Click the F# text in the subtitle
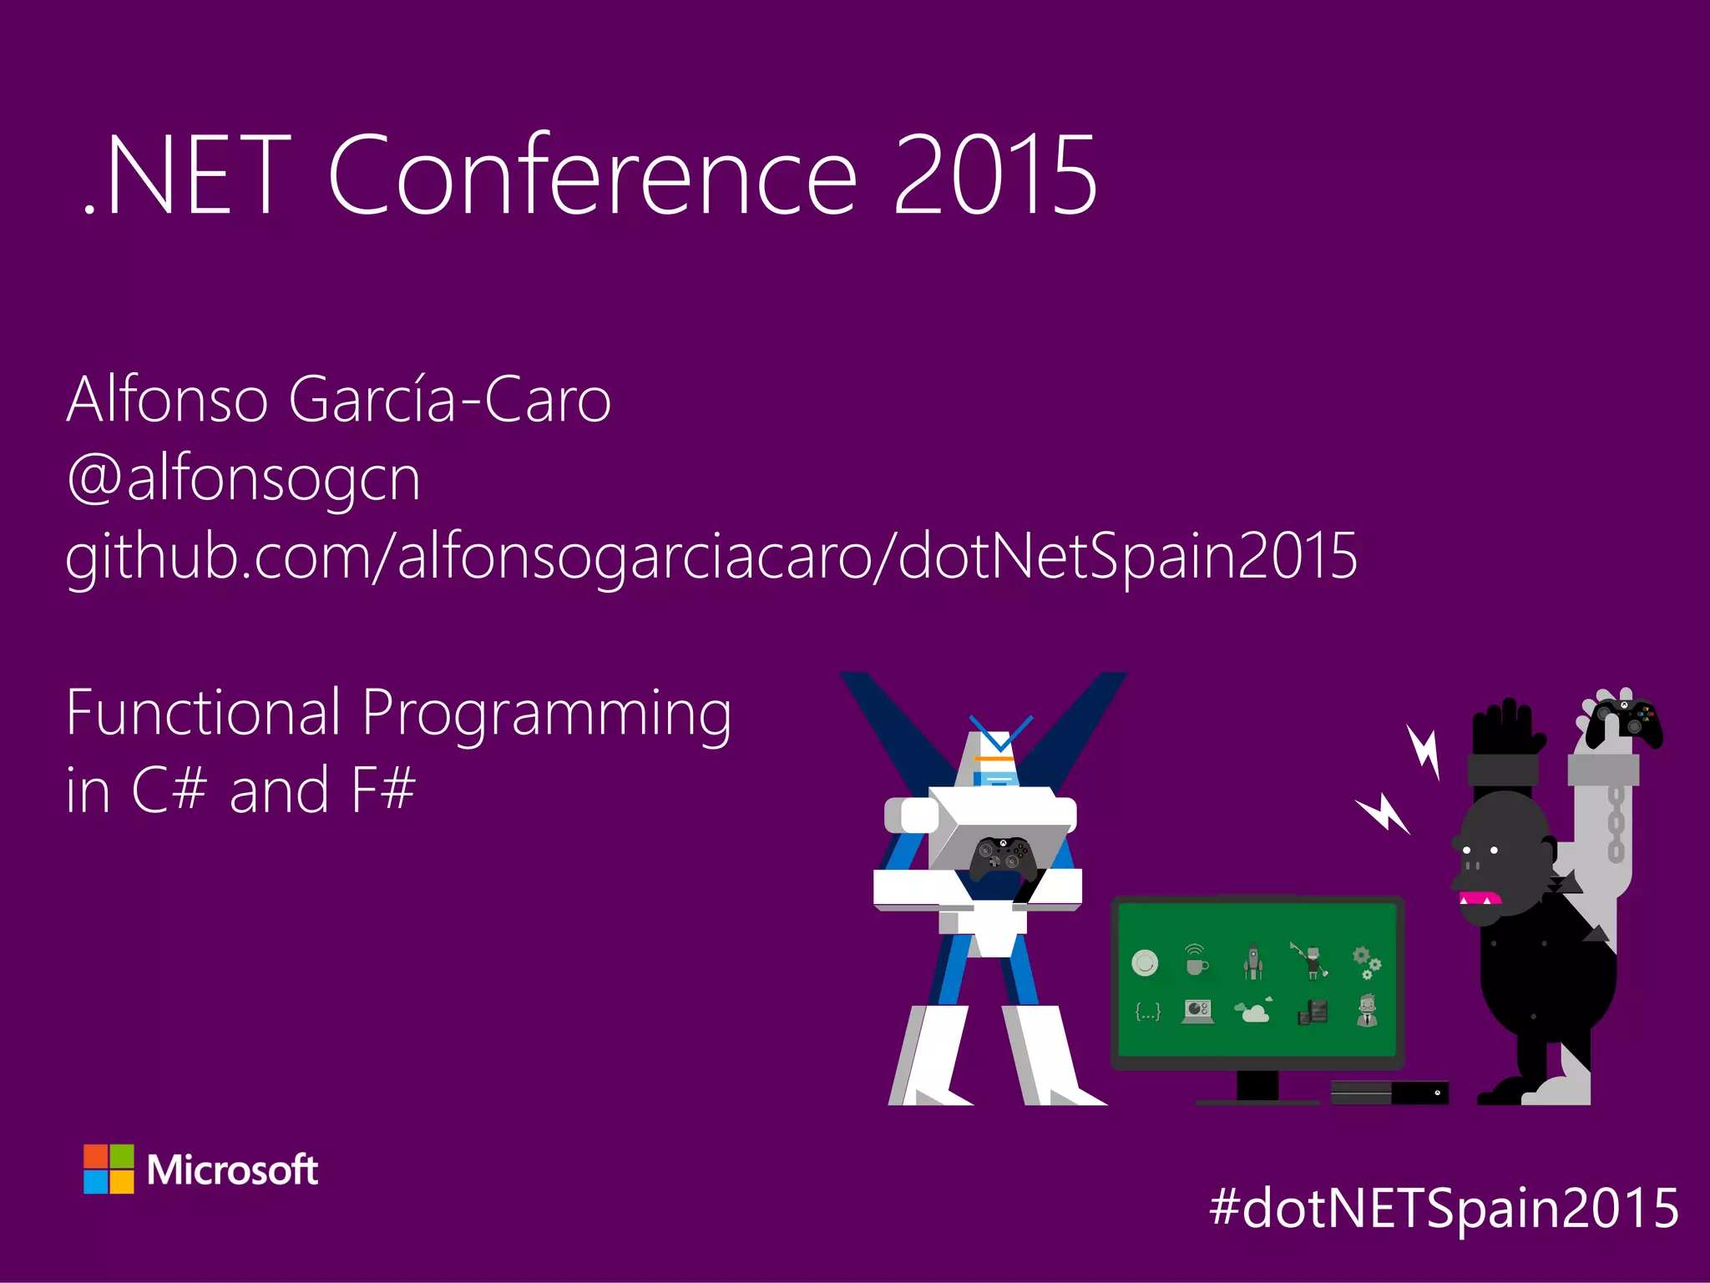(383, 790)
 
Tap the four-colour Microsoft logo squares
(109, 1169)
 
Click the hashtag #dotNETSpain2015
(1444, 1208)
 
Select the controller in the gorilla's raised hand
(1625, 720)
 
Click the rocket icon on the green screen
(1252, 962)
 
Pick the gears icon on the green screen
(1365, 962)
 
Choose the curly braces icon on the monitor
(1147, 1013)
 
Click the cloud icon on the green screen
(1254, 1013)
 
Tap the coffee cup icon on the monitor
(1196, 962)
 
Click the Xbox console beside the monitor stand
(1389, 1092)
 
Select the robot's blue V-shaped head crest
(999, 733)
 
